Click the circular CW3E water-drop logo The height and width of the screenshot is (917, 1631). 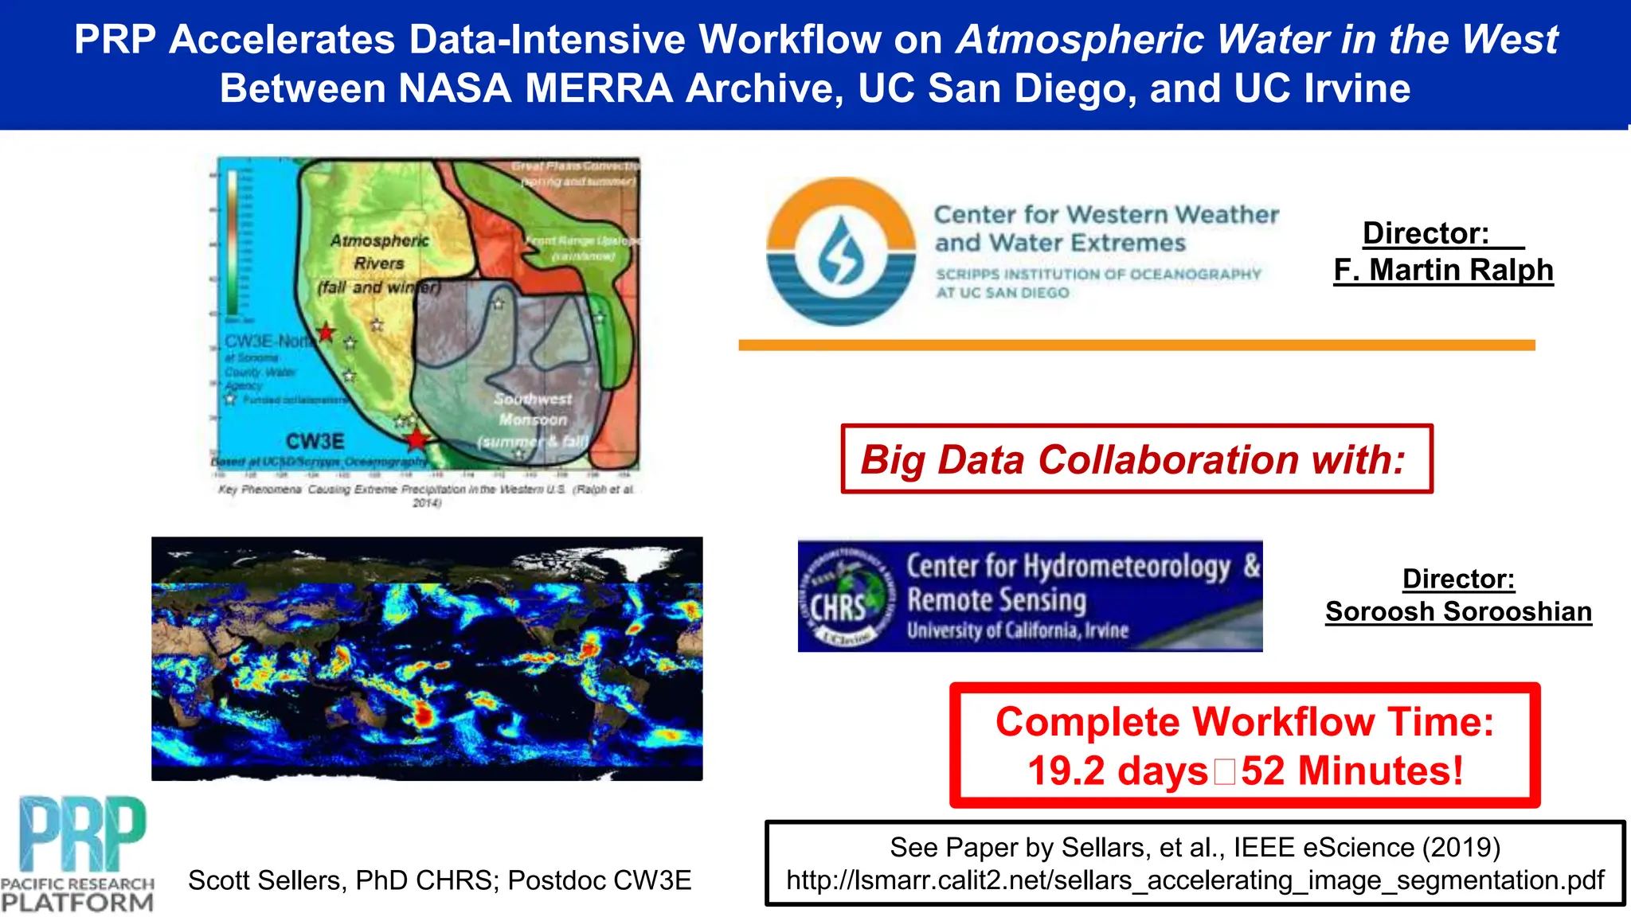click(841, 252)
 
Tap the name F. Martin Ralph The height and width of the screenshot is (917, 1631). click(1443, 270)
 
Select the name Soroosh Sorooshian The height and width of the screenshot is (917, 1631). click(1458, 611)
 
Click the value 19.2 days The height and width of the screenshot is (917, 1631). click(1117, 771)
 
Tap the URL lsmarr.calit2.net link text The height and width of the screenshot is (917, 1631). click(1195, 880)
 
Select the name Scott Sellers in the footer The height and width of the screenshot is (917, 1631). click(264, 880)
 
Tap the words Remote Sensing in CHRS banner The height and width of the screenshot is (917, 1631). click(996, 599)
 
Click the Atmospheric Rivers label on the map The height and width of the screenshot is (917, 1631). click(379, 251)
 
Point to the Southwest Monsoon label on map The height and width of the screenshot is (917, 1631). click(532, 408)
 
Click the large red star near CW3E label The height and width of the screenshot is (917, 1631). click(417, 439)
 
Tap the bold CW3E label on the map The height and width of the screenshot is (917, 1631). click(315, 441)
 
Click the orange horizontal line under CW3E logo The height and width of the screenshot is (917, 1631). click(1136, 345)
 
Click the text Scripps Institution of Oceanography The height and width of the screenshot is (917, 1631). click(1098, 275)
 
